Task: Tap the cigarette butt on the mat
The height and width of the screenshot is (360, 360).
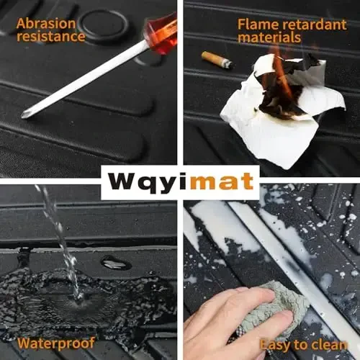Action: tap(216, 60)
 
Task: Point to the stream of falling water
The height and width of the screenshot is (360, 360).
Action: tap(58, 230)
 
